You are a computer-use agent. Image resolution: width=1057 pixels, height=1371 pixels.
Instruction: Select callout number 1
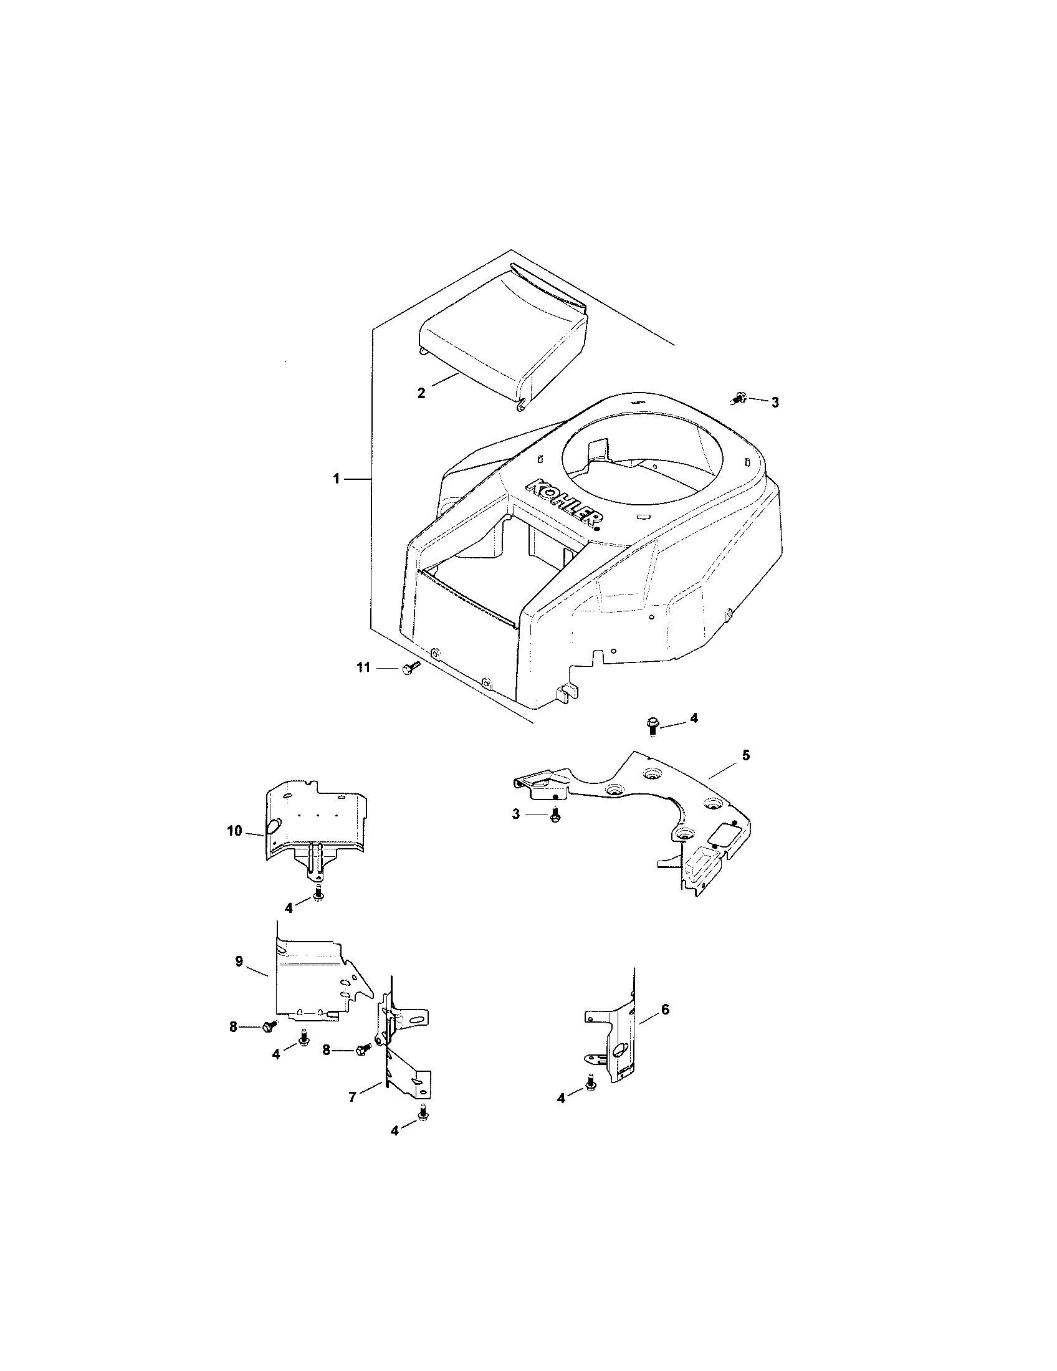click(x=337, y=479)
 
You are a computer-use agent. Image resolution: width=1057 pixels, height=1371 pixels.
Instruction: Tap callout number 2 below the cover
click(x=421, y=393)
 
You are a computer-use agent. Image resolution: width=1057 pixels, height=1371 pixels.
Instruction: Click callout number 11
click(x=364, y=668)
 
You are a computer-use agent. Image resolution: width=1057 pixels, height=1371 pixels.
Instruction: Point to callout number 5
click(x=745, y=755)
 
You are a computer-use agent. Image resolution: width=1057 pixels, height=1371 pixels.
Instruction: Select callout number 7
click(x=353, y=1097)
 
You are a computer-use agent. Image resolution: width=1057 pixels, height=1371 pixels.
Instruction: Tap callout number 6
click(x=666, y=1010)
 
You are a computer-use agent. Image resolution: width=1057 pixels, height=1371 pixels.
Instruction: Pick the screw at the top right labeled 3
click(x=739, y=398)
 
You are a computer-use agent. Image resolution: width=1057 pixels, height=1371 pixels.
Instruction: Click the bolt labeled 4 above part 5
click(x=652, y=726)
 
